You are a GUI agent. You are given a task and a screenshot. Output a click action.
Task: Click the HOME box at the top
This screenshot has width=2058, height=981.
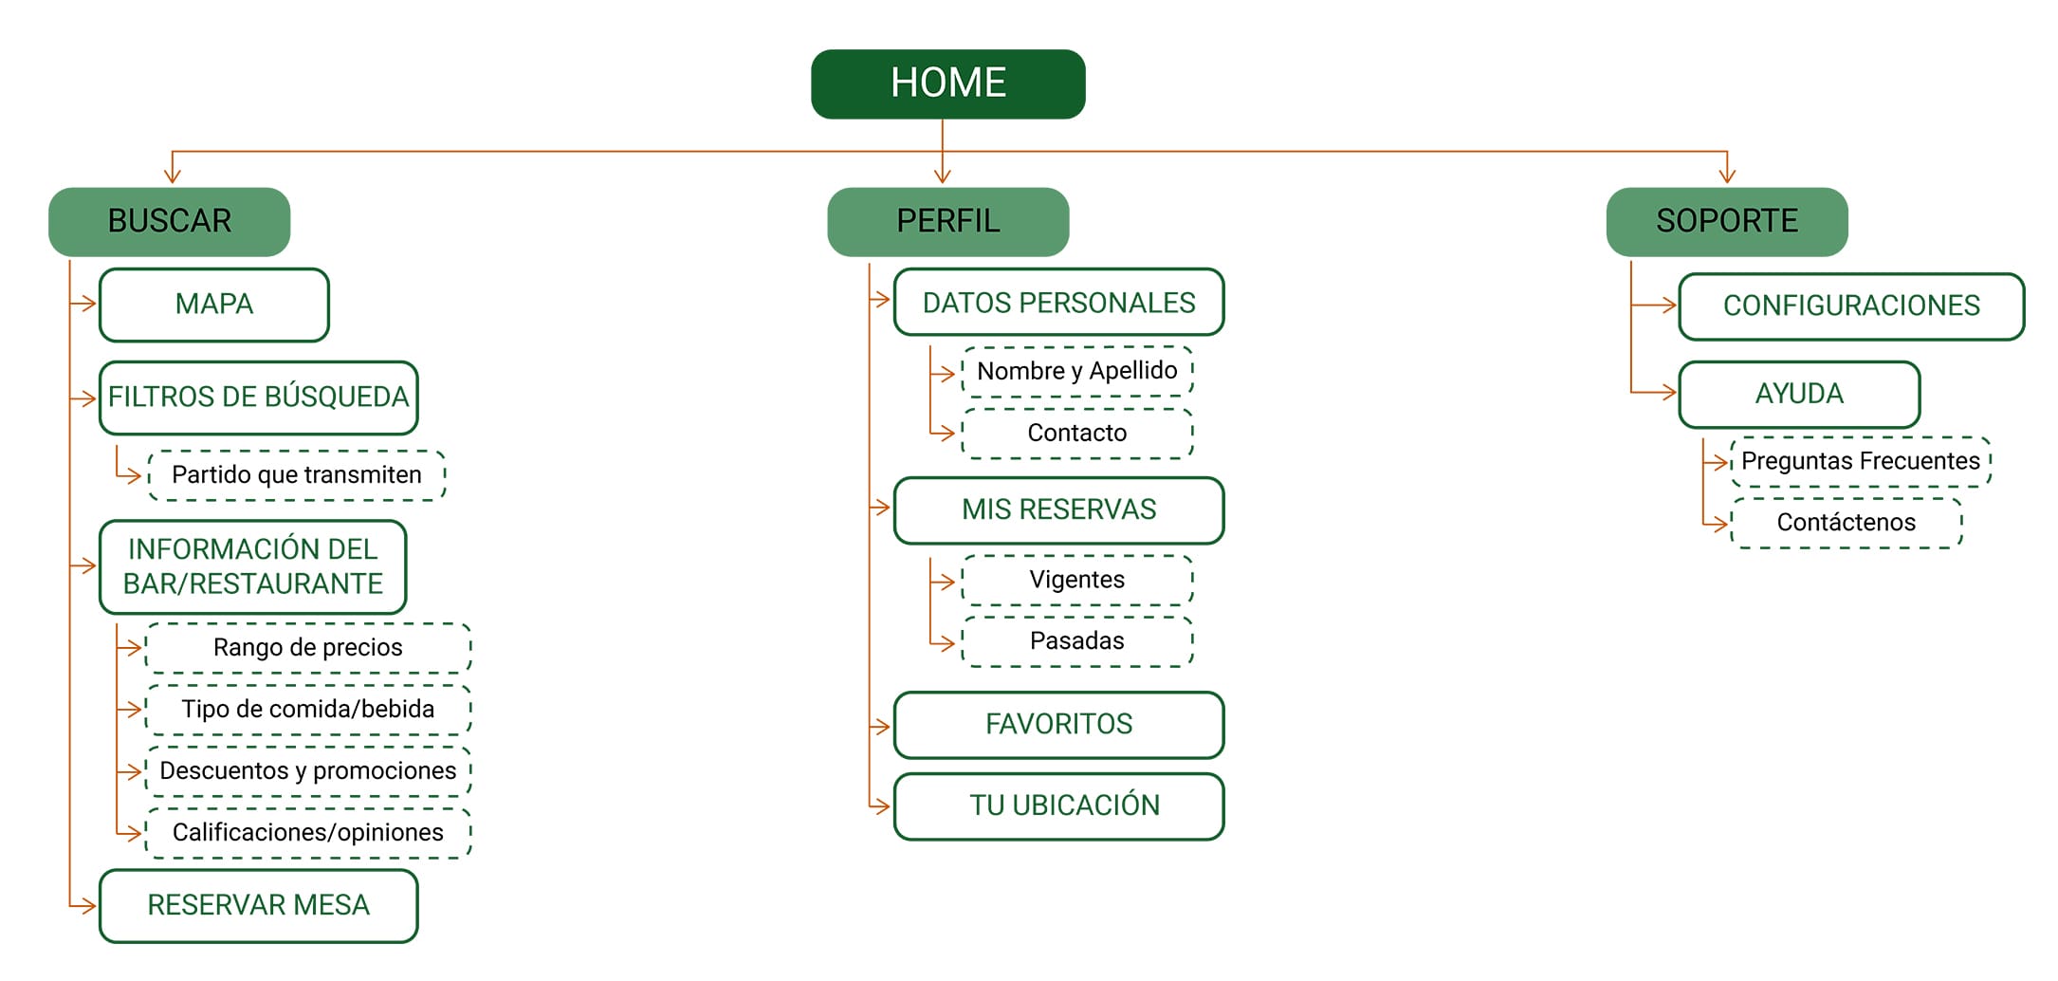point(947,83)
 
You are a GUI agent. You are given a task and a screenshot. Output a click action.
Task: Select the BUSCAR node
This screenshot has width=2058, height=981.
point(169,221)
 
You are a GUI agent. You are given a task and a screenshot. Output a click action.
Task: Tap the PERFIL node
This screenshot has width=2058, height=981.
point(947,221)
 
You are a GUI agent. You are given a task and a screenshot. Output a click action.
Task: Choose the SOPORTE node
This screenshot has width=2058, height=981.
point(1726,221)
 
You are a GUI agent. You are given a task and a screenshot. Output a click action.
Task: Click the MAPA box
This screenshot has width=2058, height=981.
point(214,305)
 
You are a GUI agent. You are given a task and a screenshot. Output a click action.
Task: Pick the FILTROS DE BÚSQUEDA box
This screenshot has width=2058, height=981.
point(258,398)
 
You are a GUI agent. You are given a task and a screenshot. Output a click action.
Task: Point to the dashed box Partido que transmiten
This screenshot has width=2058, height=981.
point(297,474)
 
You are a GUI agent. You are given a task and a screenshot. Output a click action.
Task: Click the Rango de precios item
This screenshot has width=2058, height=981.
point(308,648)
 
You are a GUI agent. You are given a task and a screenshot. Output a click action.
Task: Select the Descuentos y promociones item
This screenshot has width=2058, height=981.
point(308,771)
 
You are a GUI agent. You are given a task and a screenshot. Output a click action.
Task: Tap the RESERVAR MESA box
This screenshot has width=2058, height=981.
point(258,905)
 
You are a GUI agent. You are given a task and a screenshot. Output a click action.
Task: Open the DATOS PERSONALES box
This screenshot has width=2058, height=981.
point(1058,303)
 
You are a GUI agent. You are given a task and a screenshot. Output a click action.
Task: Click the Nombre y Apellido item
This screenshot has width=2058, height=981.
point(1077,371)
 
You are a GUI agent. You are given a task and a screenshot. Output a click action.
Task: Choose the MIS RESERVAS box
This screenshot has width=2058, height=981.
point(1058,509)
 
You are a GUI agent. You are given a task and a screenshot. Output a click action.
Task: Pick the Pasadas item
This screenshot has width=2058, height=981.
point(1077,641)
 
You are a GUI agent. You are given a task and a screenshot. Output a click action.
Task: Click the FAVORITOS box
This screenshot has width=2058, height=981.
point(1058,725)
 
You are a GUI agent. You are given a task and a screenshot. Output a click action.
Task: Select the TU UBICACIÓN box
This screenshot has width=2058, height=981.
point(1058,805)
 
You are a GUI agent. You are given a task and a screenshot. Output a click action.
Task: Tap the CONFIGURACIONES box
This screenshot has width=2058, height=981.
point(1850,305)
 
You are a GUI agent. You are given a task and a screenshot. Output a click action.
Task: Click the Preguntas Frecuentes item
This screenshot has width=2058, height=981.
point(1860,462)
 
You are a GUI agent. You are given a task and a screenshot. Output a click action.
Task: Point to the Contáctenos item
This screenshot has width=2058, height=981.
point(1846,523)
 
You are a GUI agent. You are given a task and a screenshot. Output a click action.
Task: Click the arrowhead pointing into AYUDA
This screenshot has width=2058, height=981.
point(1669,392)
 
